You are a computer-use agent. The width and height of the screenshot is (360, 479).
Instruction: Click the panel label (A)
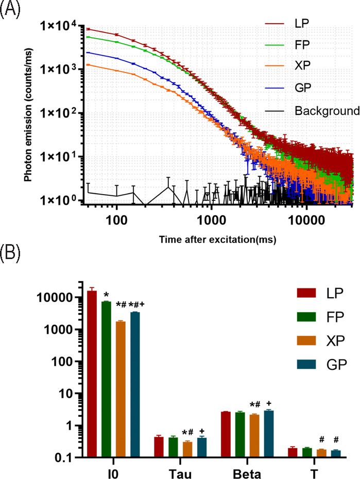(x=10, y=11)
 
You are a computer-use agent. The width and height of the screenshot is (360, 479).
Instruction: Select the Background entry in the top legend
(x=327, y=111)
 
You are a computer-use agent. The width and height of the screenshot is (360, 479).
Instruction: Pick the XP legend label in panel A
(x=303, y=67)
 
